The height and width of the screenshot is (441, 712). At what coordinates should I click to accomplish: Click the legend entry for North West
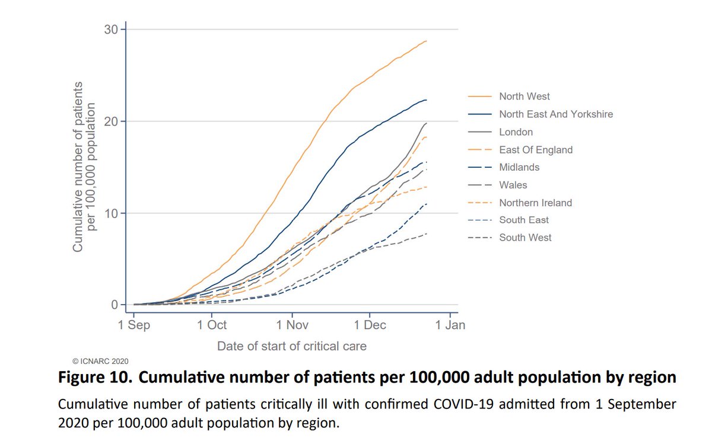click(x=524, y=97)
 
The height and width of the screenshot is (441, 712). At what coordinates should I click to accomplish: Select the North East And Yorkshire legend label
click(x=555, y=114)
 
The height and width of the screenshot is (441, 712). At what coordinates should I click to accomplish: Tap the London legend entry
click(x=516, y=132)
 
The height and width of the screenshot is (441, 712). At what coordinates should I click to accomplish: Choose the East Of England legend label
click(x=536, y=150)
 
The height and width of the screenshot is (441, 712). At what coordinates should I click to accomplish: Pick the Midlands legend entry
click(x=519, y=167)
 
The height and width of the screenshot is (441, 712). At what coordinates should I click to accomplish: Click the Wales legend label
click(x=513, y=185)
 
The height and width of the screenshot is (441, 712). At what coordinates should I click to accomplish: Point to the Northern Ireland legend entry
click(x=535, y=203)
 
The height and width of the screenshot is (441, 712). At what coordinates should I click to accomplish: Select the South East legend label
click(x=523, y=220)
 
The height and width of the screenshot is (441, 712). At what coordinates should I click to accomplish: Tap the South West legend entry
click(x=525, y=238)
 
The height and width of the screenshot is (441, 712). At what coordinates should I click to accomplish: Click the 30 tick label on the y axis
click(x=111, y=30)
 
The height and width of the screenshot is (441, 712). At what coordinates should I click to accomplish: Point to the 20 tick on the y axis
click(x=111, y=122)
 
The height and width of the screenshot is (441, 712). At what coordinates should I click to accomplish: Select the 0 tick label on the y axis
click(x=115, y=305)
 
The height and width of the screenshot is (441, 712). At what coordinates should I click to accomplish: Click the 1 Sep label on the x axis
click(x=134, y=325)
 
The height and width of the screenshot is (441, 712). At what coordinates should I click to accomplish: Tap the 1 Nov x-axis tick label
click(x=291, y=325)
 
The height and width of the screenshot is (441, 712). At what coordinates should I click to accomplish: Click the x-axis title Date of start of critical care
click(x=291, y=346)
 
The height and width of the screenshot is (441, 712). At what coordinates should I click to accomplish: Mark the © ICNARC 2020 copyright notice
click(x=100, y=360)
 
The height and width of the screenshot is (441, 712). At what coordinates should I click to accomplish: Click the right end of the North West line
click(x=427, y=41)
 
